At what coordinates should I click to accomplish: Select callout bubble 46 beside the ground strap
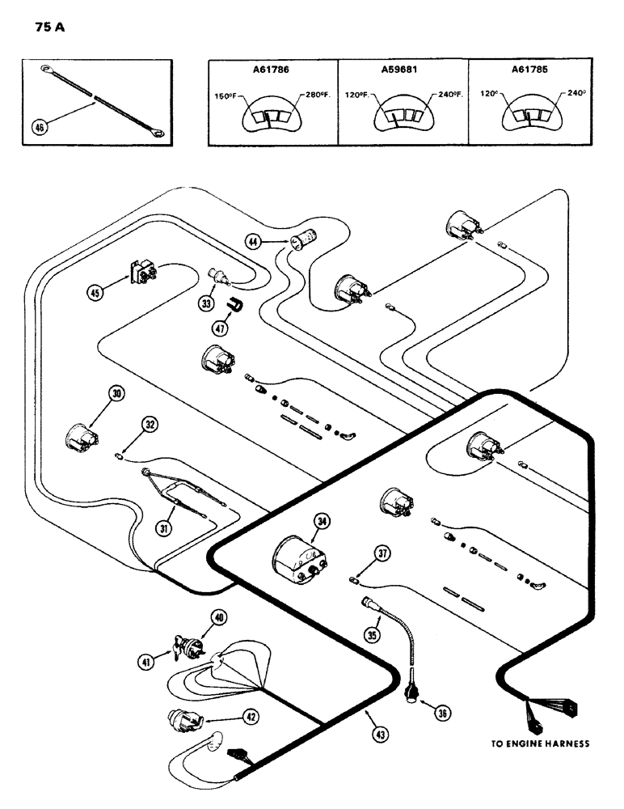coord(39,126)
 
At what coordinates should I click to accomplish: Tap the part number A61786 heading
coord(272,70)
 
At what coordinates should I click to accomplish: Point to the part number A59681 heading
coord(403,70)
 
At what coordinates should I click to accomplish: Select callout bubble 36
coord(441,713)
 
